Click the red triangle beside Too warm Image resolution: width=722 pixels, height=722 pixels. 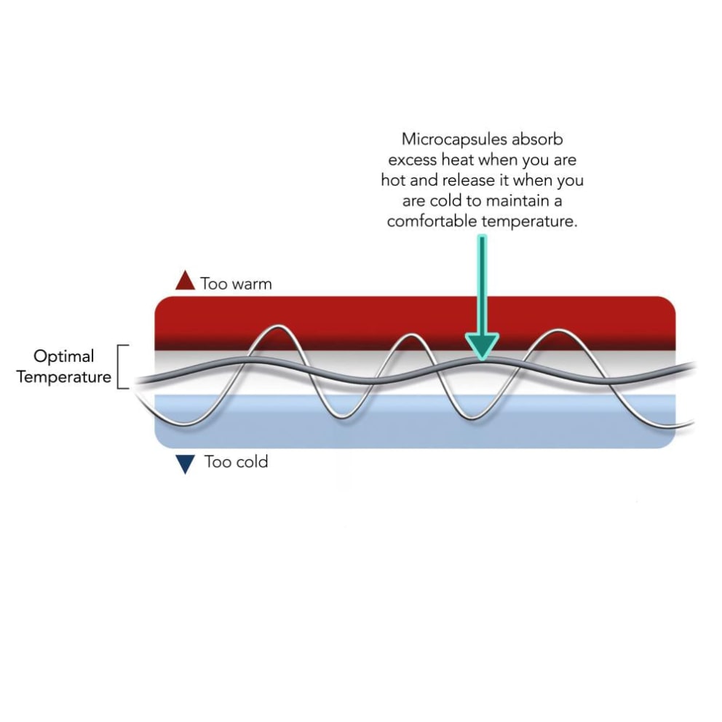coord(186,281)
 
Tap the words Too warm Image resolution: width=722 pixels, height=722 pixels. coord(236,284)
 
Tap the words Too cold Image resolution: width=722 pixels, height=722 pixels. coord(236,461)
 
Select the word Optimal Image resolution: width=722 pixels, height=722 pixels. coord(64,357)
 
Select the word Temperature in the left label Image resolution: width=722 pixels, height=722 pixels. coord(64,377)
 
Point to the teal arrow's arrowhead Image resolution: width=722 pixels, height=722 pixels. coord(482,346)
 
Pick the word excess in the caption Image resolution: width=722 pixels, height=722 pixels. coord(413,159)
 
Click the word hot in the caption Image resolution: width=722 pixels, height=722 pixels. coord(394,180)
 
